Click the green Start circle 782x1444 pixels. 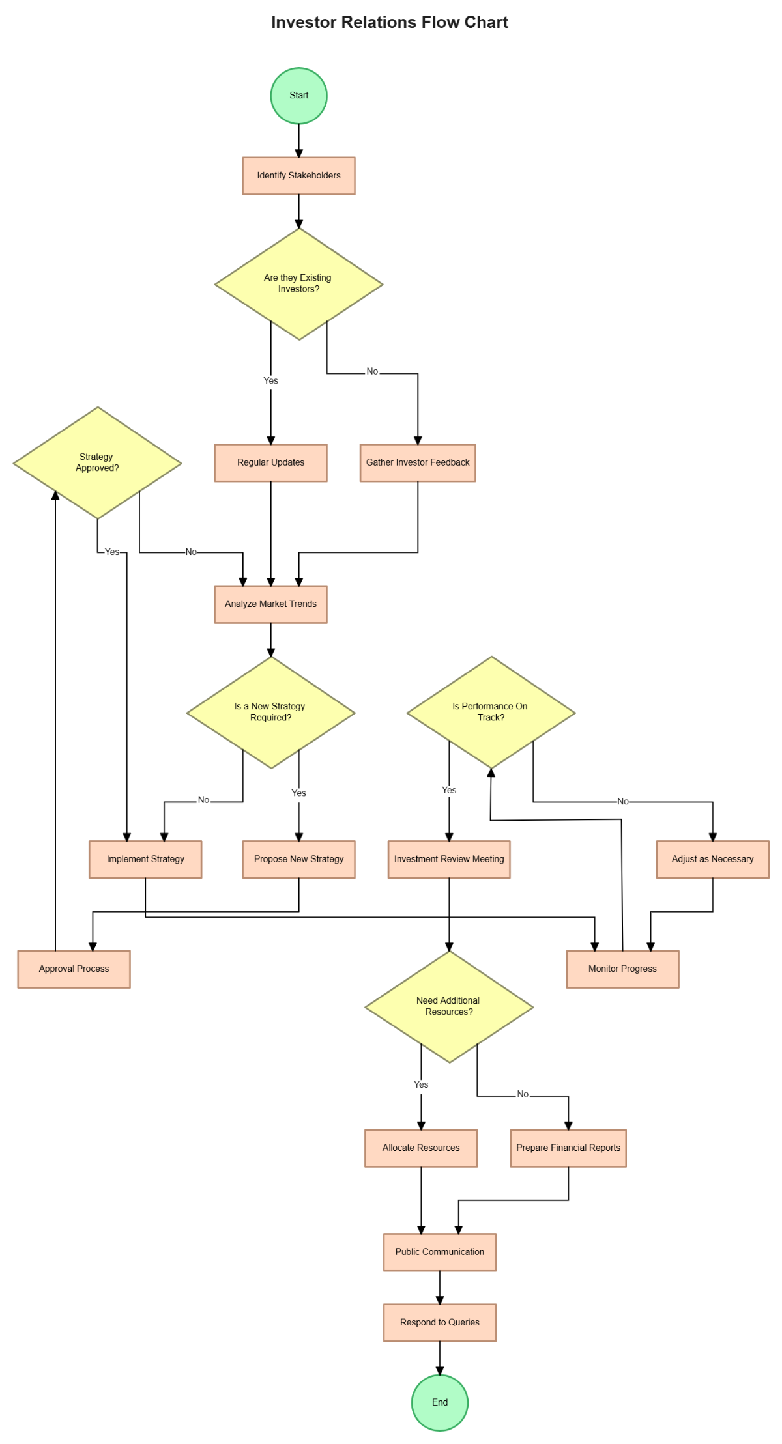pyautogui.click(x=298, y=96)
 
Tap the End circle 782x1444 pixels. pyautogui.click(x=439, y=1402)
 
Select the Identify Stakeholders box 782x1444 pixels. pyautogui.click(x=298, y=175)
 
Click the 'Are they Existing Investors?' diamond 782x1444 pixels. pyautogui.click(x=298, y=283)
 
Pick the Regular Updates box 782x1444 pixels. pyautogui.click(x=270, y=462)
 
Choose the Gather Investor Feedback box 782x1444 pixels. pyautogui.click(x=417, y=462)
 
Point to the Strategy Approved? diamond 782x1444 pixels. pyautogui.click(x=97, y=462)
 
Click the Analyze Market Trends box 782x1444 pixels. pyautogui.click(x=270, y=604)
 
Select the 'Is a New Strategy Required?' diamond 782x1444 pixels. pyautogui.click(x=270, y=712)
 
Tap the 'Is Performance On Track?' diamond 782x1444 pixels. pyautogui.click(x=491, y=712)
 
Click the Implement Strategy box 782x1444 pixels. pyautogui.click(x=145, y=859)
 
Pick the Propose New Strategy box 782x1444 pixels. pyautogui.click(x=298, y=859)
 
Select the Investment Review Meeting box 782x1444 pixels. pyautogui.click(x=448, y=859)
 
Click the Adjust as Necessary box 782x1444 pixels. pyautogui.click(x=712, y=859)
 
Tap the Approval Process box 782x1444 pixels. pyautogui.click(x=74, y=969)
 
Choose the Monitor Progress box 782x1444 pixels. pyautogui.click(x=622, y=969)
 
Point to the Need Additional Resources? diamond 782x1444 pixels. pyautogui.click(x=448, y=1006)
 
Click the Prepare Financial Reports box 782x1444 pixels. pyautogui.click(x=568, y=1148)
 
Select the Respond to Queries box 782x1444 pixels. pyautogui.click(x=439, y=1322)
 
